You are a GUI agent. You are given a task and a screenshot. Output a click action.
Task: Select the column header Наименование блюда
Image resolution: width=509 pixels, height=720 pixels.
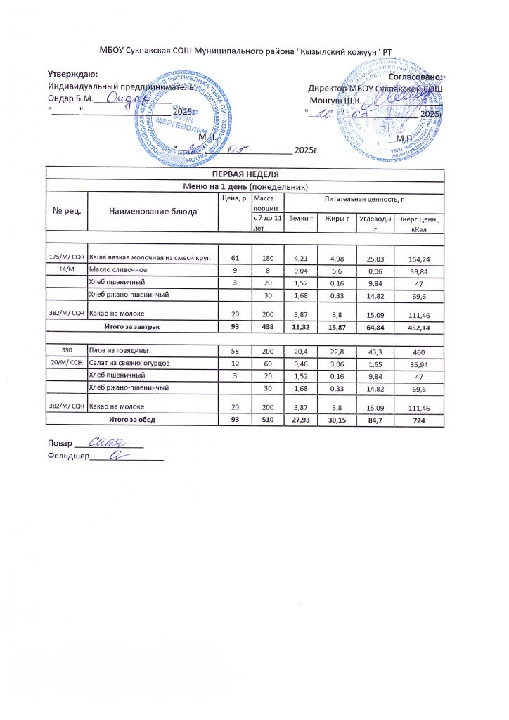(x=153, y=211)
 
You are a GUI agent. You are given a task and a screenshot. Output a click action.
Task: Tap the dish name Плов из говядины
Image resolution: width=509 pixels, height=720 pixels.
(x=117, y=349)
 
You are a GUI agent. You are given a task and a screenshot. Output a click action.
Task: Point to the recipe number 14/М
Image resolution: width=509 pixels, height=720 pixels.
(x=67, y=269)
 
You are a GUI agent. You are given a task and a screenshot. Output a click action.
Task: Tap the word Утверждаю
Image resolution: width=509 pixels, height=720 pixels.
(x=72, y=74)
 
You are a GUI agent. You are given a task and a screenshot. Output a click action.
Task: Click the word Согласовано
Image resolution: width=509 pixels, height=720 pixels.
(x=418, y=76)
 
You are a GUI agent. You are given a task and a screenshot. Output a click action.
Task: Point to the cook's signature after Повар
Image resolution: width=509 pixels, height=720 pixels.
(x=109, y=443)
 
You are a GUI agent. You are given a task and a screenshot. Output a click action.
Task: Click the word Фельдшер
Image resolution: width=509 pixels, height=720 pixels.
(x=67, y=456)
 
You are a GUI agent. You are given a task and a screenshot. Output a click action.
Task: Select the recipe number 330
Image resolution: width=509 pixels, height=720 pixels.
(x=67, y=349)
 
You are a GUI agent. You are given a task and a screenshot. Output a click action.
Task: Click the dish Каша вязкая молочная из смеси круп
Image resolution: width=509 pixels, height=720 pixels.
(x=150, y=259)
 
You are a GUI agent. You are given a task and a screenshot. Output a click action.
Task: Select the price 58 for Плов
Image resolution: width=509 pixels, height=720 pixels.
(x=235, y=350)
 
